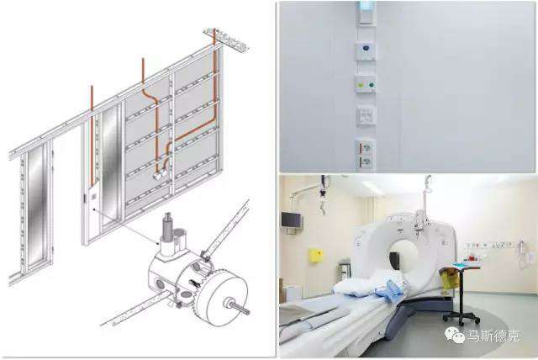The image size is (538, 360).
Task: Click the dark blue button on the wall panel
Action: point(366,49)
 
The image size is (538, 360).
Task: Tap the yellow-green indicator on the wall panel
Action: point(361,84)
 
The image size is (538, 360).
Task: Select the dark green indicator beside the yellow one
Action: point(371,85)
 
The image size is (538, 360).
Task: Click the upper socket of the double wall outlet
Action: point(367,148)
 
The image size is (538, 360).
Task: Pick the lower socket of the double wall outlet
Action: point(367,161)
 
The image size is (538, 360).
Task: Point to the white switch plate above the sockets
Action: point(365,116)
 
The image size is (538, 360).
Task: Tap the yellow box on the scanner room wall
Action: point(316,256)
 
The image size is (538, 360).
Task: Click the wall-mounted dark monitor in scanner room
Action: point(292,220)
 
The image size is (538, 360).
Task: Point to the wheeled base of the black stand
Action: point(462,317)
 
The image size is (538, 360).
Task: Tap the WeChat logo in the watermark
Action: point(454,335)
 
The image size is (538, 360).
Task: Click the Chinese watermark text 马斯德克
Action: point(493,336)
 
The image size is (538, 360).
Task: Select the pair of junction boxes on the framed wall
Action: point(161,175)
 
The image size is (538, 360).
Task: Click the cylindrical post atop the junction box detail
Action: point(168,226)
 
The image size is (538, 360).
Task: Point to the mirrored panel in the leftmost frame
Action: point(35,206)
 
